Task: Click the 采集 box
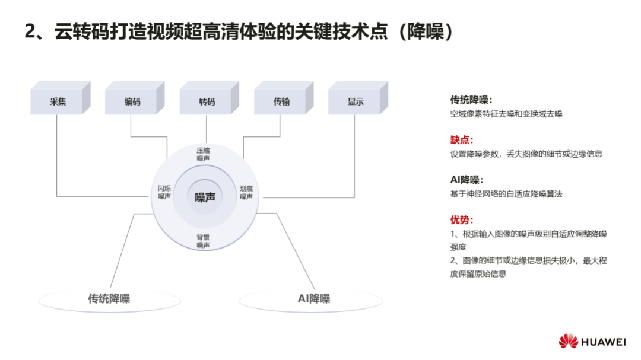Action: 61,98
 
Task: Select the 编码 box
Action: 135,98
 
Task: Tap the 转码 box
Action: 210,98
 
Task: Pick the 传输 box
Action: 284,98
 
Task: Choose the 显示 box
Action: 358,98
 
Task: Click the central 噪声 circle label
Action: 205,197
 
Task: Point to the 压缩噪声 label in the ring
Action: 203,154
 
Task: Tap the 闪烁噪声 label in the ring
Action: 164,192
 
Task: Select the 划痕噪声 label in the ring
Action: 246,193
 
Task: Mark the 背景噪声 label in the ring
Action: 203,241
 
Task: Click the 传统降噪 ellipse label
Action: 109,299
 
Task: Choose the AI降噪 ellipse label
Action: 314,299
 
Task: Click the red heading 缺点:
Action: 462,140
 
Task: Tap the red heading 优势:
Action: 462,220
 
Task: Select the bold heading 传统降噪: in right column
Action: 471,100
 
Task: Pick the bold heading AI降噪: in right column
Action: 467,180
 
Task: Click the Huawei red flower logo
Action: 568,341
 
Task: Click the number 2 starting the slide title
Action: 30,31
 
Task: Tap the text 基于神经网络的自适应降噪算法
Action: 506,194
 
